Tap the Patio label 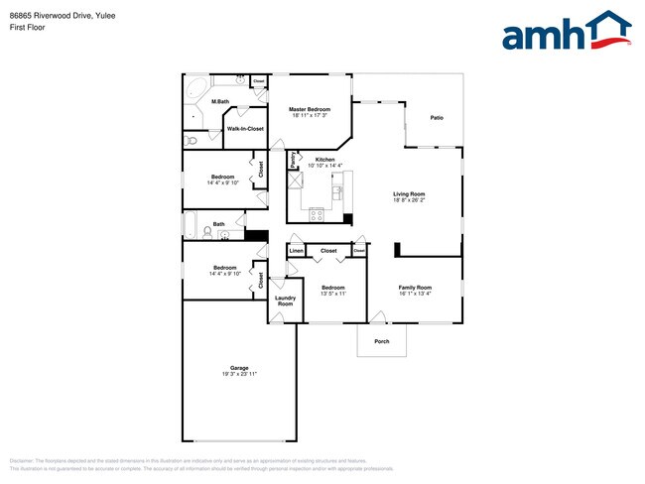point(437,118)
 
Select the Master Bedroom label point(310,109)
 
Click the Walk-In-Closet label point(245,129)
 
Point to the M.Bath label point(220,101)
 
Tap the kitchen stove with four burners point(318,212)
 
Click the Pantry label point(293,159)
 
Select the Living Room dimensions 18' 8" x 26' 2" point(409,200)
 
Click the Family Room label point(416,288)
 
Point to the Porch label point(382,341)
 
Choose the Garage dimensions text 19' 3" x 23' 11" point(239,374)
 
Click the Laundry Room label point(285,300)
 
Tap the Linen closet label point(296,251)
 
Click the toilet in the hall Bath point(224,235)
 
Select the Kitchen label point(324,160)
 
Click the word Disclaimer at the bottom point(22,461)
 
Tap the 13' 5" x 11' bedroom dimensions point(332,294)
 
